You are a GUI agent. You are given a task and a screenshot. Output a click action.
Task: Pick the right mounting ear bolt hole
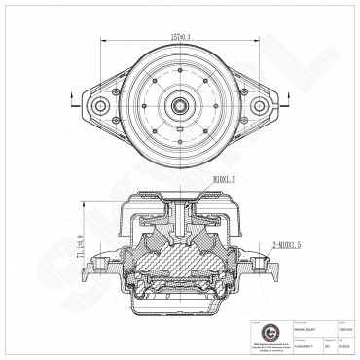(260, 105)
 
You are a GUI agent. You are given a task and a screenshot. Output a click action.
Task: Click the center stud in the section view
(181, 204)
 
